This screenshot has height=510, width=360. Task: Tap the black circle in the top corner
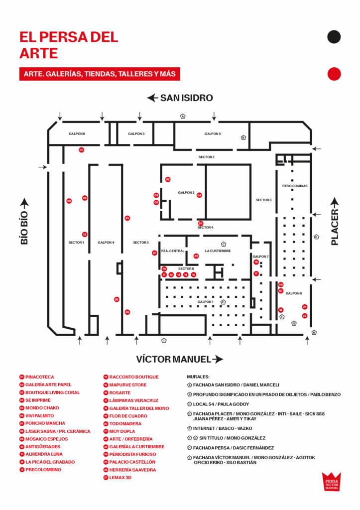[x=334, y=36]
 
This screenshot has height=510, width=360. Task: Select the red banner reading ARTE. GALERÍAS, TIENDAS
[x=100, y=74]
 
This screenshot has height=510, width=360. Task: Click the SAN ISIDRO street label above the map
[x=186, y=98]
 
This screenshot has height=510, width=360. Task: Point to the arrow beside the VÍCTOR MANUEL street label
[x=218, y=359]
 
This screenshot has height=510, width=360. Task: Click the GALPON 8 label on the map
[x=77, y=134]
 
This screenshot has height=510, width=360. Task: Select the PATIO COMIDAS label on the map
[x=295, y=186]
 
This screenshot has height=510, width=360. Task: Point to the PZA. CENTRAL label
[x=173, y=251]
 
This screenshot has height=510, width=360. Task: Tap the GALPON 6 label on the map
[x=294, y=293]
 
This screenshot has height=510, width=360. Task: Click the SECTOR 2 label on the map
[x=206, y=157]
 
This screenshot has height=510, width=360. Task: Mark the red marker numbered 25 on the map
[x=127, y=218]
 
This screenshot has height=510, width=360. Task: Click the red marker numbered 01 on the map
[x=81, y=150]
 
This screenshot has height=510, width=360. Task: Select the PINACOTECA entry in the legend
[x=39, y=377]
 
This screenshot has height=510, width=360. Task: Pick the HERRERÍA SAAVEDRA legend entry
[x=132, y=470]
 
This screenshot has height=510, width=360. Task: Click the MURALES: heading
[x=198, y=377]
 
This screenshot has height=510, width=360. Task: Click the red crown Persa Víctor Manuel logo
[x=331, y=481]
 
